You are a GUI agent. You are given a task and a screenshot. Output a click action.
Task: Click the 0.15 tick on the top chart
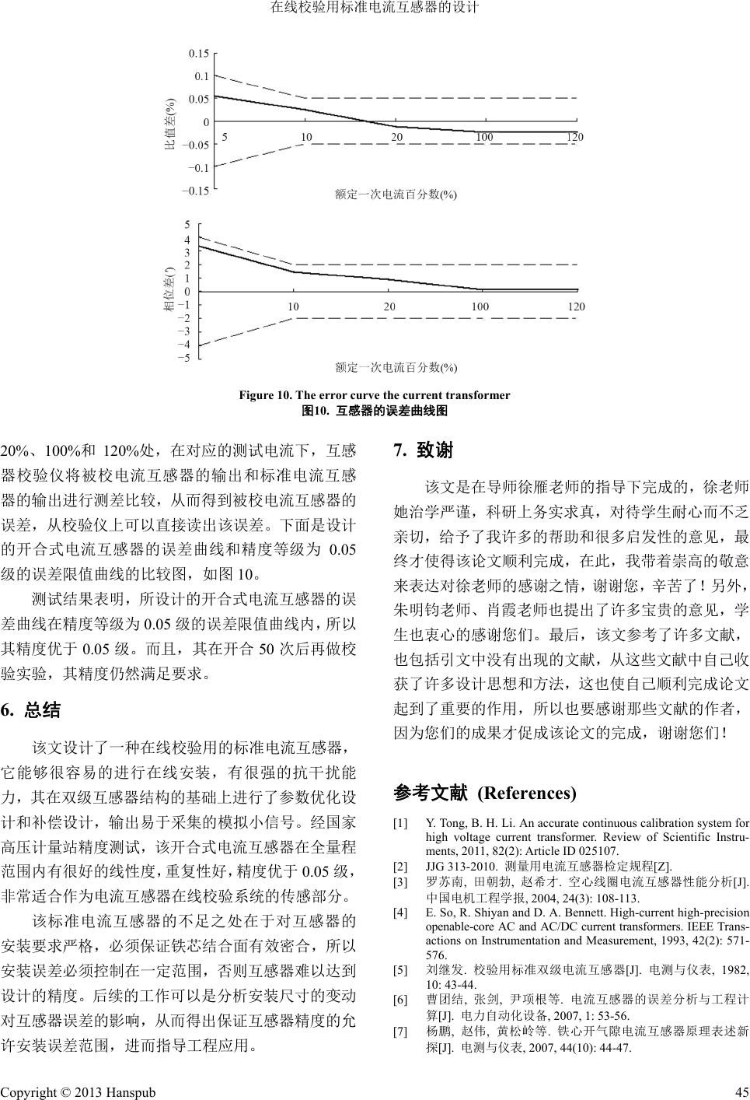point(200,54)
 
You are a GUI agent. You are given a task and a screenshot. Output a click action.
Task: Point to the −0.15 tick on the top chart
point(197,191)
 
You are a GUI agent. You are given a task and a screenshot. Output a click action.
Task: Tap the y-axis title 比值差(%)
point(172,122)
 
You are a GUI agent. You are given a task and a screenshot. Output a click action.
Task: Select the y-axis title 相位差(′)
point(168,290)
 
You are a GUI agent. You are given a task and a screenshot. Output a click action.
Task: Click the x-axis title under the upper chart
point(396,194)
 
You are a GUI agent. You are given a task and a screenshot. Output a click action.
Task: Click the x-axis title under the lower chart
point(396,366)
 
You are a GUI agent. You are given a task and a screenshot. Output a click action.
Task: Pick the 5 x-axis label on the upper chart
point(225,138)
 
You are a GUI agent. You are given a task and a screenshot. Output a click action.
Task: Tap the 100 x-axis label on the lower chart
point(480,307)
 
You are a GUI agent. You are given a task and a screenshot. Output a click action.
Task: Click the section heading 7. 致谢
point(424,450)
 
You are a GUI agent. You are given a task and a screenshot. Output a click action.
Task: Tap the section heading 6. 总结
point(31,709)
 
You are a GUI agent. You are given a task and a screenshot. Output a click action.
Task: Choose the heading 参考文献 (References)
point(486,793)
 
